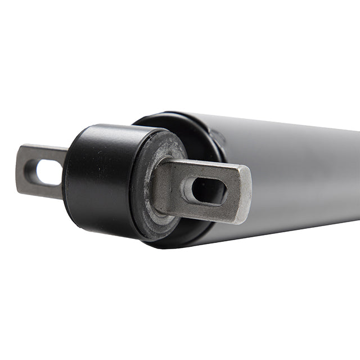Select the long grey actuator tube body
coord(292,169)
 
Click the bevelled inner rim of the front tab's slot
coord(189,191)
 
